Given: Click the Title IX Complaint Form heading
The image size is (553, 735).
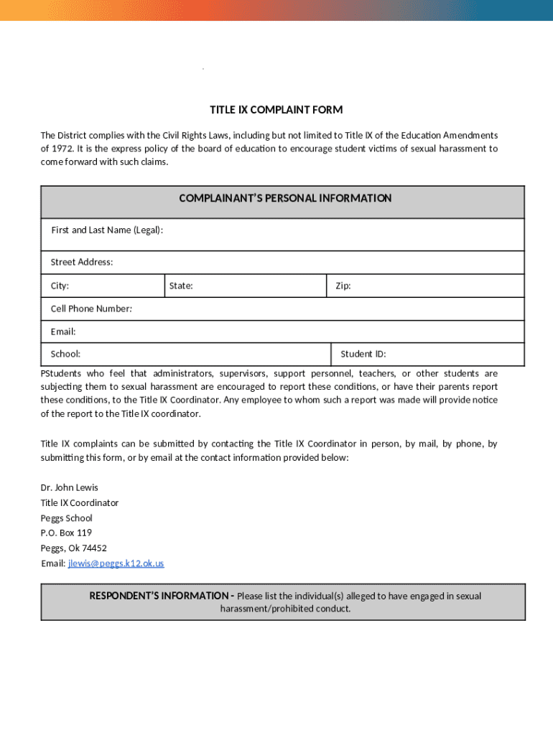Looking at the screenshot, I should click(x=276, y=110).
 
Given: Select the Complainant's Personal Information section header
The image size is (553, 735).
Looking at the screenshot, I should click(x=285, y=198).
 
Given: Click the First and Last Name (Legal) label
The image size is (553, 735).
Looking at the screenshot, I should click(x=107, y=230).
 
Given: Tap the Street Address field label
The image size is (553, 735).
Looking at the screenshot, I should click(x=82, y=262).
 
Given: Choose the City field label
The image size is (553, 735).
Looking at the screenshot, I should click(x=60, y=286).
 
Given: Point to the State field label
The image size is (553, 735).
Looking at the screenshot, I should click(x=181, y=286).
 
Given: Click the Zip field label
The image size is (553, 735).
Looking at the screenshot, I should click(x=343, y=286).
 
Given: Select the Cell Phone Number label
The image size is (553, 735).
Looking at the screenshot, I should click(x=91, y=309).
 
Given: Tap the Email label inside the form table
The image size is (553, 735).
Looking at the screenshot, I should click(x=63, y=332).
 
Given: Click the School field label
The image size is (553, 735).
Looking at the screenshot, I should click(x=65, y=354).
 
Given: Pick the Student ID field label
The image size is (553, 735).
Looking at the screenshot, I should click(x=363, y=354).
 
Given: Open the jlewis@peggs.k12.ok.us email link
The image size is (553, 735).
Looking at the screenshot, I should click(x=116, y=563).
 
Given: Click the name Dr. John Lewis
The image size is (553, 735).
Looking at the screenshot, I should click(x=70, y=487).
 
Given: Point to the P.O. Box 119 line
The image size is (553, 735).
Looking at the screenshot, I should click(x=66, y=533).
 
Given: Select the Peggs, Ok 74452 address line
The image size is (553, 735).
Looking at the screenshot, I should click(x=73, y=548).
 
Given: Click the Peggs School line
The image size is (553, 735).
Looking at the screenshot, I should click(x=66, y=518).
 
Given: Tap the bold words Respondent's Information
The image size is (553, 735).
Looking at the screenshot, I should click(x=159, y=596).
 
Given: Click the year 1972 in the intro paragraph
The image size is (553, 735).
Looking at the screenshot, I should click(x=63, y=149).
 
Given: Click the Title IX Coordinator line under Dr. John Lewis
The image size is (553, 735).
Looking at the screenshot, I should click(x=79, y=502).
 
